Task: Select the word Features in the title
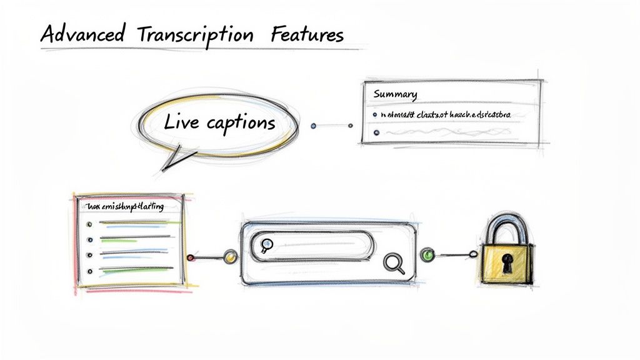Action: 307,35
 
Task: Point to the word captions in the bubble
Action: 240,122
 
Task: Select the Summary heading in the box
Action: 395,94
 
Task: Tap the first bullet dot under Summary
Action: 374,116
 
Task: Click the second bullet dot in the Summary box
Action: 374,132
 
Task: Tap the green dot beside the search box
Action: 427,254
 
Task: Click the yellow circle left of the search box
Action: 230,256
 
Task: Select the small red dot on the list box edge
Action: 191,257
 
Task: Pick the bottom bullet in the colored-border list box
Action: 90,271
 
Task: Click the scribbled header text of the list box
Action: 125,206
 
